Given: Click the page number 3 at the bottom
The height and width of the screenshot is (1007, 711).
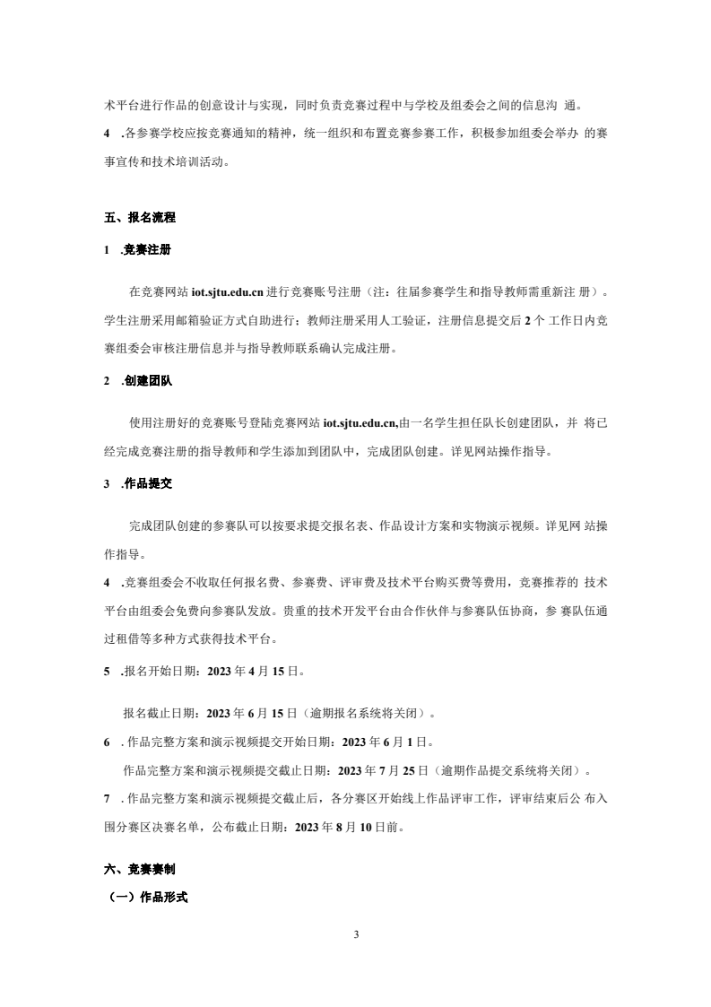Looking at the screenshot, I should pos(356,936).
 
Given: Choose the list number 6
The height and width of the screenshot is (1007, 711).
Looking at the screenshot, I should pos(108,742).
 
